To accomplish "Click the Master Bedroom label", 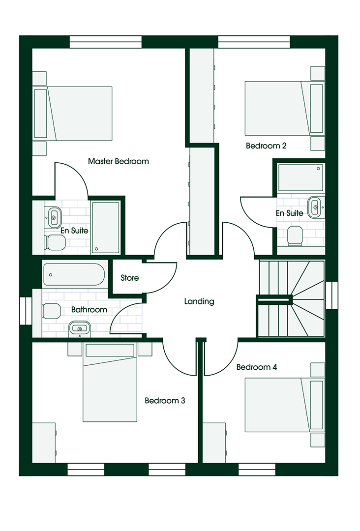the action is (x=118, y=161).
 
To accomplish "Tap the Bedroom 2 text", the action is (x=266, y=146).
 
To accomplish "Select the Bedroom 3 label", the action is (x=165, y=401).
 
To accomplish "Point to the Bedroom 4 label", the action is (x=257, y=367).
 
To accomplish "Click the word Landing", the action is (x=199, y=301).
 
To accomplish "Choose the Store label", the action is (x=130, y=278).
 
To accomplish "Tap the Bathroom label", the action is (x=89, y=310).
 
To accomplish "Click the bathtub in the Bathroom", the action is (x=74, y=275).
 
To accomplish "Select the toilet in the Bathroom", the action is (x=51, y=311).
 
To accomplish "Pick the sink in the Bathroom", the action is (x=80, y=328).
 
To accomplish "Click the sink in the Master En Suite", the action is (x=54, y=217).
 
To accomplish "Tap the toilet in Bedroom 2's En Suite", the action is (x=295, y=236).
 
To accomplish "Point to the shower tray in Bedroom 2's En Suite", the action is (x=300, y=177).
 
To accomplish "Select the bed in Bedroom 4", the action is (x=284, y=405).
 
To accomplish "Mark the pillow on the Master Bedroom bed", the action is (x=41, y=114).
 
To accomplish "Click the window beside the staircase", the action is (x=332, y=295).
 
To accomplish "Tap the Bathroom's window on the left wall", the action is (x=26, y=311).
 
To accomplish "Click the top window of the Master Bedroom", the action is (x=106, y=42).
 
